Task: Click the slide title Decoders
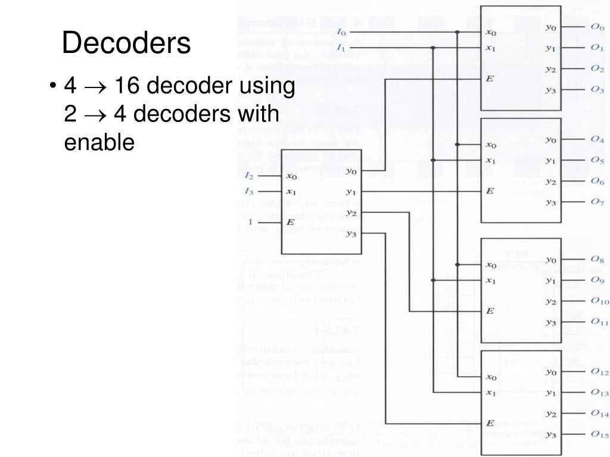click(x=126, y=43)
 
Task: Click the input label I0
click(x=341, y=32)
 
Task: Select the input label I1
click(x=341, y=47)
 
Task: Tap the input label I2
click(x=249, y=176)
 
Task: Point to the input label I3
click(x=249, y=191)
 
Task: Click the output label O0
click(x=597, y=27)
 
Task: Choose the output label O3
click(x=597, y=89)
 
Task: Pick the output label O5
click(x=597, y=160)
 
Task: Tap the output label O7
click(x=597, y=202)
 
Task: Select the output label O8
click(x=597, y=259)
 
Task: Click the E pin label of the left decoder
click(x=291, y=221)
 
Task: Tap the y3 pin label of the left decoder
click(x=351, y=233)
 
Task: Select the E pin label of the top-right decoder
click(x=490, y=79)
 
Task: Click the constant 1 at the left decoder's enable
click(x=250, y=222)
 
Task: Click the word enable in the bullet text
click(x=99, y=142)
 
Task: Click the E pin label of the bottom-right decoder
click(x=490, y=423)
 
